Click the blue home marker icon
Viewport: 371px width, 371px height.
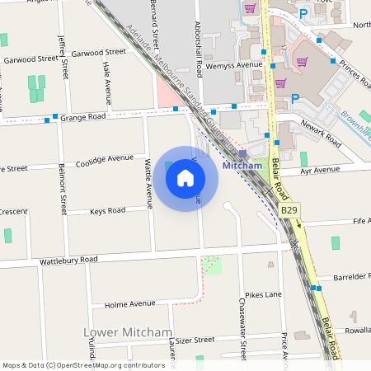(x=185, y=178)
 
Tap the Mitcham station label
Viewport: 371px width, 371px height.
(x=242, y=165)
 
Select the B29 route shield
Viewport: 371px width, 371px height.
(x=289, y=211)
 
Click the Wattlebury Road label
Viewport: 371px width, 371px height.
(x=68, y=261)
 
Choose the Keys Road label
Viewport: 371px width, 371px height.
(x=107, y=211)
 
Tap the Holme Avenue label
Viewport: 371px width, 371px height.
(x=130, y=304)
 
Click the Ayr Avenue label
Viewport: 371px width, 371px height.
(x=320, y=170)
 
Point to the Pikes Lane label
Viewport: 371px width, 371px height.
(x=264, y=294)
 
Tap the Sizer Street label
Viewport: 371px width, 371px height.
(x=195, y=339)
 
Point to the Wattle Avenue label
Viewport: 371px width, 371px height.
(x=149, y=182)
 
